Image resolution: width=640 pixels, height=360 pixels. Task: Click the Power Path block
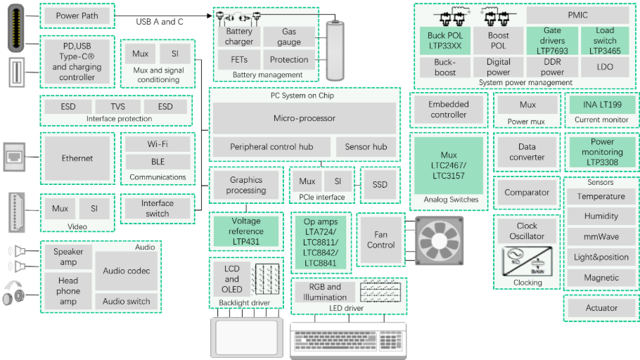(x=77, y=16)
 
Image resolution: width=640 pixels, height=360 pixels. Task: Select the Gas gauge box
(x=289, y=37)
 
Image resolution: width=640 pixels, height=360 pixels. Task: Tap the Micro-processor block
(x=304, y=118)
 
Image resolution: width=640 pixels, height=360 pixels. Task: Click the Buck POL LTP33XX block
(x=445, y=41)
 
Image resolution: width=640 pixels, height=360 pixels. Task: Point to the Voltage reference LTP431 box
(x=245, y=231)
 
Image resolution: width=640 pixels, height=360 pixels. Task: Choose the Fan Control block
(x=380, y=240)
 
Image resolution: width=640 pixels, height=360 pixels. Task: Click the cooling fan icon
(x=439, y=240)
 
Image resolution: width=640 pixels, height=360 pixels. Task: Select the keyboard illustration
(x=348, y=341)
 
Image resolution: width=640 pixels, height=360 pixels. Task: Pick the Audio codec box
(x=126, y=271)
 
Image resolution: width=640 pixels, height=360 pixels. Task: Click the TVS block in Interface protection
(x=118, y=107)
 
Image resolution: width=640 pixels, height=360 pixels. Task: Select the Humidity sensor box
(x=601, y=216)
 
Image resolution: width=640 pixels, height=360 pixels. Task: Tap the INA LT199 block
(x=602, y=105)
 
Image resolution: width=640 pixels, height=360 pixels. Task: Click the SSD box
(x=380, y=184)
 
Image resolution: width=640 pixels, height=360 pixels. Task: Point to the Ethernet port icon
(x=14, y=157)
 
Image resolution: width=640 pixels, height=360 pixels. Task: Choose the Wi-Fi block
(x=158, y=144)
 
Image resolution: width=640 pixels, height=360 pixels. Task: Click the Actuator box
(x=601, y=308)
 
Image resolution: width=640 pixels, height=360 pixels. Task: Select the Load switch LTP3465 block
(x=605, y=41)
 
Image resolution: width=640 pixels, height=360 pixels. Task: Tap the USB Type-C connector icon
(x=16, y=28)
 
